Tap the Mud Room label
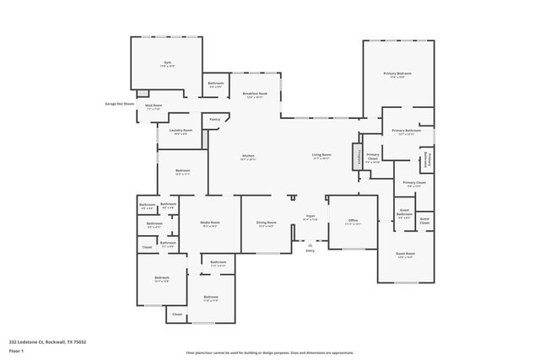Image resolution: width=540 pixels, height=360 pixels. coord(154,105)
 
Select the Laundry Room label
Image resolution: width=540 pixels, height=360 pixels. coord(181,130)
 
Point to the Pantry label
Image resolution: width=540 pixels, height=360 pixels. coord(215,119)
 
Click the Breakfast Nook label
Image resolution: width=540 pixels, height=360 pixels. coord(255,94)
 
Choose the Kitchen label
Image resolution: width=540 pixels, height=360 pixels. coord(248,155)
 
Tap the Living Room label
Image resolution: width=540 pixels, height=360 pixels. coord(321,155)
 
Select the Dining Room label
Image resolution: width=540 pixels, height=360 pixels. coord(267,223)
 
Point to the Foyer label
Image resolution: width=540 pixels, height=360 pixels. coord(310,216)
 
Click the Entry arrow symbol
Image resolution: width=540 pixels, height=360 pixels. coord(310,244)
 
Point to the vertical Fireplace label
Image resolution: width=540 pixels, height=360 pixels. coord(360,157)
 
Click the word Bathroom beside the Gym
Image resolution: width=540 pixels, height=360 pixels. coord(215,83)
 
